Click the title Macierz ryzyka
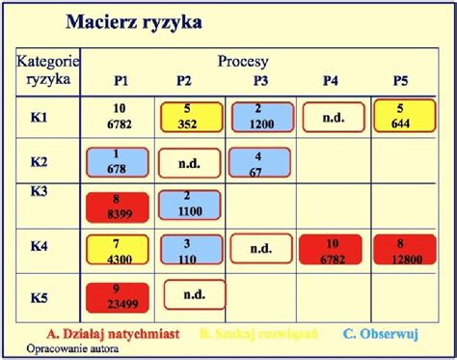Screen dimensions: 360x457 134,21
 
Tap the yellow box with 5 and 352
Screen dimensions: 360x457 191,117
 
